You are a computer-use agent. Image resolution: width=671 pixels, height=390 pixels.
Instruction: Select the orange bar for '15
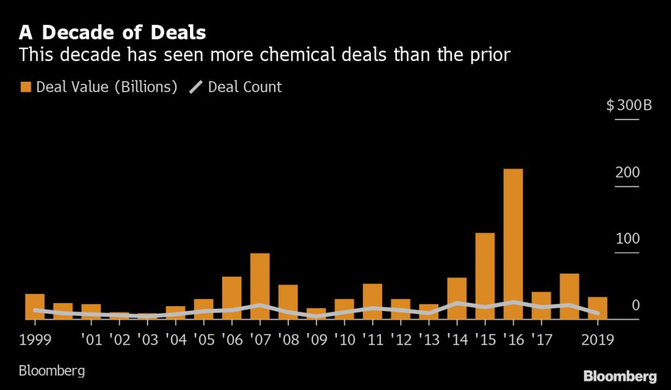click(485, 275)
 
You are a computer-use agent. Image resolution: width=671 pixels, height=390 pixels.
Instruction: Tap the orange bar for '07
click(260, 286)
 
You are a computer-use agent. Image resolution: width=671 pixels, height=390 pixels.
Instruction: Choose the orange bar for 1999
click(35, 306)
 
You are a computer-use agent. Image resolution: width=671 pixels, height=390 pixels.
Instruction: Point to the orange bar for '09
click(316, 313)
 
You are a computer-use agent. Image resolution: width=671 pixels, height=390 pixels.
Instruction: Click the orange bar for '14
click(457, 298)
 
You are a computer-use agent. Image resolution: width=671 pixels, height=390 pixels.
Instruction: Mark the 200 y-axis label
click(627, 173)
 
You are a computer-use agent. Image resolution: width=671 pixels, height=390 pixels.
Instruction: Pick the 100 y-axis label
click(627, 239)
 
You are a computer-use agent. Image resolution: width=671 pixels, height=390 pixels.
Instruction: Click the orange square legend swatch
click(26, 87)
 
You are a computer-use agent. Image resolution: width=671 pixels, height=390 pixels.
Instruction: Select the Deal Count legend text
click(244, 87)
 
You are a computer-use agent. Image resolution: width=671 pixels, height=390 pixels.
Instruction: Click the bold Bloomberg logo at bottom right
click(620, 376)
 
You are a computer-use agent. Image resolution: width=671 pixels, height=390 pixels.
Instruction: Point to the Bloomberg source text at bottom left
click(52, 371)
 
